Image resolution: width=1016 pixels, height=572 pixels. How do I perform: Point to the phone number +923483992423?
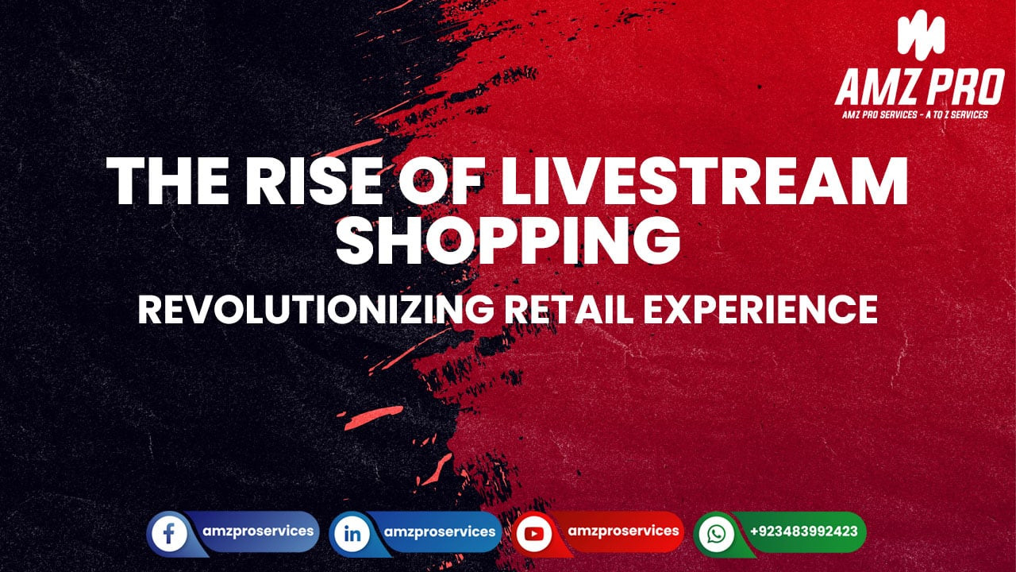[803, 531]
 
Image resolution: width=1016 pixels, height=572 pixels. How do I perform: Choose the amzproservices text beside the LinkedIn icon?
[440, 531]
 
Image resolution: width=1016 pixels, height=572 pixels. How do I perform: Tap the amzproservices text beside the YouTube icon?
[624, 531]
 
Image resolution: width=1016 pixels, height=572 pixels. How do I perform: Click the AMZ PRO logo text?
[919, 88]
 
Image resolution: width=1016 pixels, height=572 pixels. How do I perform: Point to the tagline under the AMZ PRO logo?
[915, 115]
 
